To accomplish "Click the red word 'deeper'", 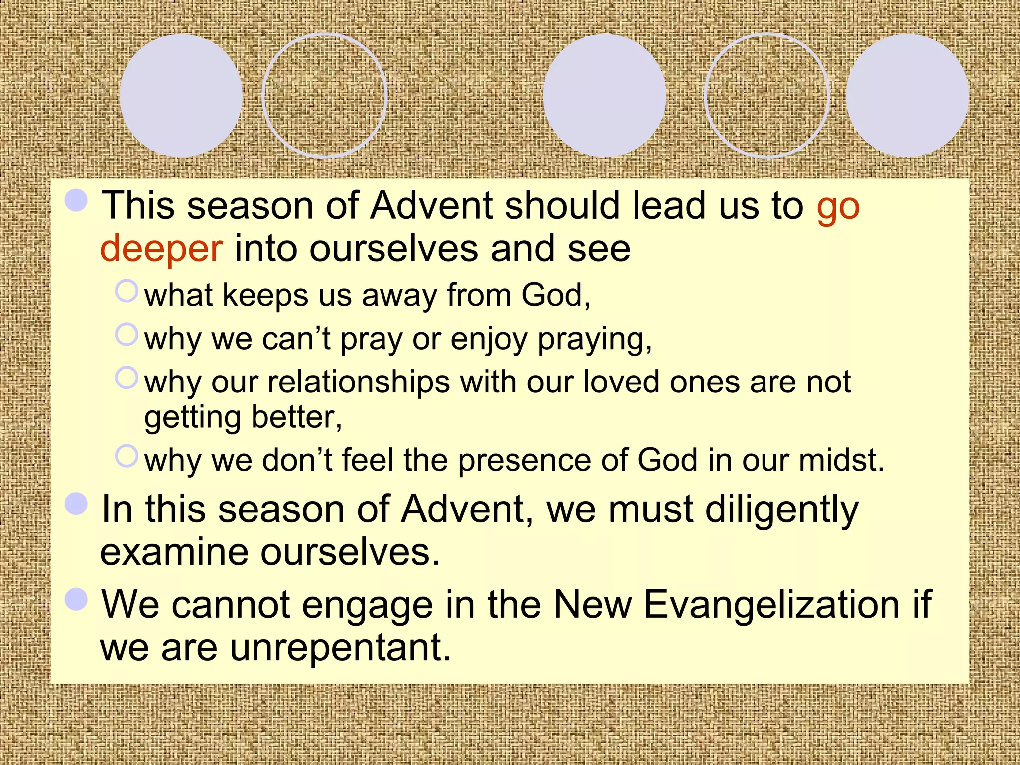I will (161, 249).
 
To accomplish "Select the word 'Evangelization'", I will (771, 604).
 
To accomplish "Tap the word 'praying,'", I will (595, 340).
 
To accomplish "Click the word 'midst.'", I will (842, 460).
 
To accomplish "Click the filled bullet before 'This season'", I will (76, 200).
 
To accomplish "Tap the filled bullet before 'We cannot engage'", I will (76, 599).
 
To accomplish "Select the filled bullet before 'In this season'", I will (76, 504).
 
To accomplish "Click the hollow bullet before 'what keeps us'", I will (127, 291).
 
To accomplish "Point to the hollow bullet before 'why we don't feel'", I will (127, 456).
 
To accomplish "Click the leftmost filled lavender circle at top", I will (181, 96).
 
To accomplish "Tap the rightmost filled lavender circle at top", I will (907, 96).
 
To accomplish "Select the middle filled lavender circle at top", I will (604, 96).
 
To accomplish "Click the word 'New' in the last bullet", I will (593, 604).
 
